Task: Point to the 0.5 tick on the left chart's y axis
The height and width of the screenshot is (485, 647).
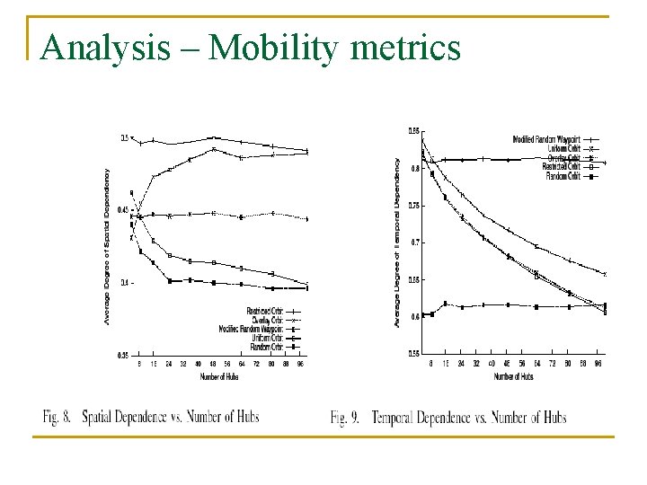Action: click(125, 137)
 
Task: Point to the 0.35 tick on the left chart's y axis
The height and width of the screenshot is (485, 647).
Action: click(124, 356)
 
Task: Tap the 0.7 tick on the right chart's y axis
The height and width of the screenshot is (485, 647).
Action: click(415, 242)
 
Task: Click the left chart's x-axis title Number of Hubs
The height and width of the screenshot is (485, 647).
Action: click(219, 376)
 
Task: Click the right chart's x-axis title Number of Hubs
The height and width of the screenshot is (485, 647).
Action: click(513, 376)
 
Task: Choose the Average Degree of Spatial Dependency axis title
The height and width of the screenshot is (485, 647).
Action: click(107, 246)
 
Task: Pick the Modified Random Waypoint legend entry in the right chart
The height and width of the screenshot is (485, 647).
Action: click(546, 139)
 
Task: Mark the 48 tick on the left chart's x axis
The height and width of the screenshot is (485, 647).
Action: click(212, 366)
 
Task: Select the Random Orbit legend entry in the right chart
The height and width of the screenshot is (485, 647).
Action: click(563, 176)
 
